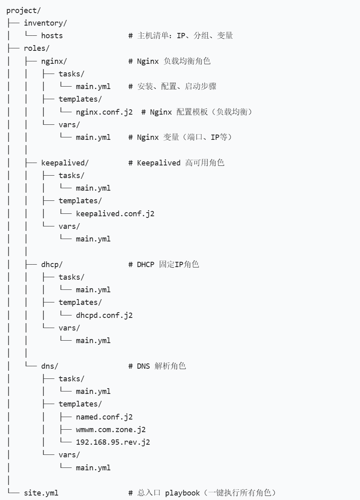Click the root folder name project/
[24, 11]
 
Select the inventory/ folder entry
[46, 23]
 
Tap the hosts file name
[52, 36]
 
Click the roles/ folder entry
[37, 48]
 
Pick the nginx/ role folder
[54, 61]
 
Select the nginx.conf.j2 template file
[104, 112]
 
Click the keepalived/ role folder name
[65, 163]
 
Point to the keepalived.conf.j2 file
[115, 214]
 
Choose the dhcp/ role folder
[52, 265]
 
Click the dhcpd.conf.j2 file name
[104, 315]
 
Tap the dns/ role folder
[50, 366]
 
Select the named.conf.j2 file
[104, 417]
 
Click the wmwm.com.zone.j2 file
[111, 430]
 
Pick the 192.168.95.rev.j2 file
[113, 442]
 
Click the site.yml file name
[41, 493]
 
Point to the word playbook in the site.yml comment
[182, 493]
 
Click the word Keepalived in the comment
[158, 163]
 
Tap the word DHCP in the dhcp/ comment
[145, 265]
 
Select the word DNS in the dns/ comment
[143, 366]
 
